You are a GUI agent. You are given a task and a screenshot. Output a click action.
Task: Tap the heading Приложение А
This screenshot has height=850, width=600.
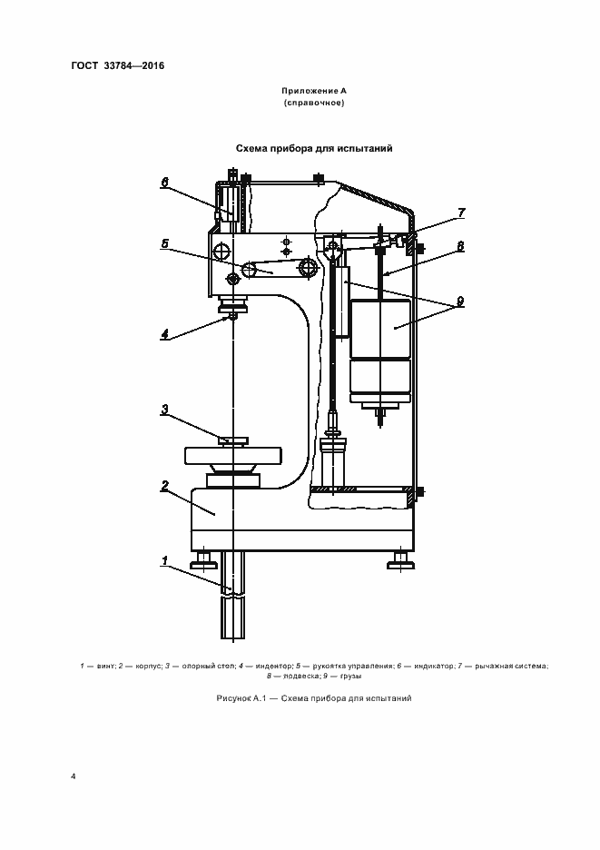(313, 92)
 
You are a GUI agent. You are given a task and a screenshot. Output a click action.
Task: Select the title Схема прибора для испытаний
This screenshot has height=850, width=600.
(313, 147)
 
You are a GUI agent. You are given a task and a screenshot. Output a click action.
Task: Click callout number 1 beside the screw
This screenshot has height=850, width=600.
(165, 560)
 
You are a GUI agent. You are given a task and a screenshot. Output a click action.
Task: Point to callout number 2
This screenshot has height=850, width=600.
(165, 486)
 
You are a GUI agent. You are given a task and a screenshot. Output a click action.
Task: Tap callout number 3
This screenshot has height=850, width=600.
(165, 410)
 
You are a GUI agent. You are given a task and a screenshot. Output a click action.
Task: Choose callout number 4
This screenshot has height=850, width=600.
(165, 333)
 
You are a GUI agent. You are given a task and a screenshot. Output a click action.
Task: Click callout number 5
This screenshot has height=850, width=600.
(165, 243)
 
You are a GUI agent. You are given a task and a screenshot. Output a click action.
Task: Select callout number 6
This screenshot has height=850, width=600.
(165, 182)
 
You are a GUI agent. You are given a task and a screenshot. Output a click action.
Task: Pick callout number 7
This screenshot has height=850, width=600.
(461, 212)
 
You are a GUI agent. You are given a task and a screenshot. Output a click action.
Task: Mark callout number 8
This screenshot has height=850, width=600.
(461, 245)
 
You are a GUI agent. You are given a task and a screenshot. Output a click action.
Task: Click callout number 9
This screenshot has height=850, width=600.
(461, 301)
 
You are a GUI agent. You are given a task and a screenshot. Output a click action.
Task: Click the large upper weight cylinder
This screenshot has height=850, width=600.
(381, 327)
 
